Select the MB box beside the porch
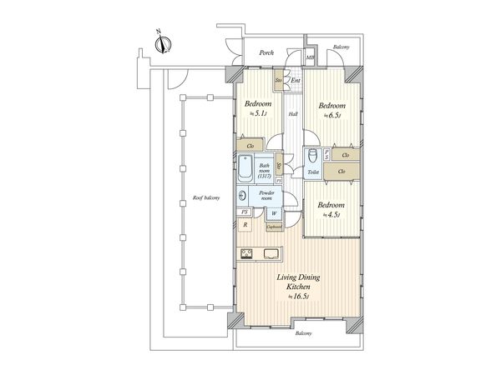(310, 57)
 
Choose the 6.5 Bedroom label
(332, 108)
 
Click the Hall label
(294, 114)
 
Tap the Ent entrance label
(296, 80)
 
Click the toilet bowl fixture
(311, 156)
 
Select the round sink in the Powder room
(242, 197)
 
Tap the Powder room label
(266, 196)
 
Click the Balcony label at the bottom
(302, 333)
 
